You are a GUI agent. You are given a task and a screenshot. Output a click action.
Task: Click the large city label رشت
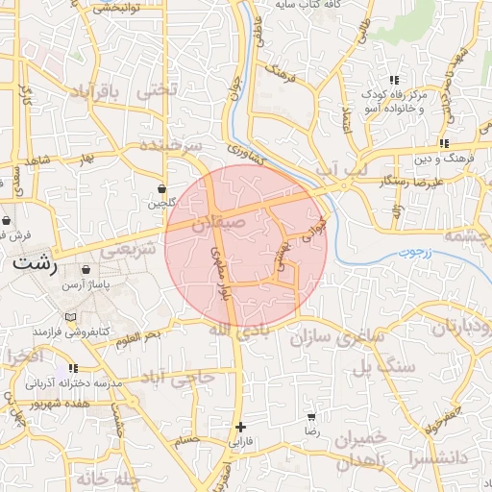coord(35,261)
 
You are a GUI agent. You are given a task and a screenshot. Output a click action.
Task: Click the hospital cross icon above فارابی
coord(240,427)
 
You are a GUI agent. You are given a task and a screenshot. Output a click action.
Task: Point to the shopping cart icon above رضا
coord(310,417)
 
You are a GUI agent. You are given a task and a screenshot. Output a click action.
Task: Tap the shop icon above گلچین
coord(161,188)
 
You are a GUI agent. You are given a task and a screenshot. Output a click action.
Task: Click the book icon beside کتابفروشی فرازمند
coord(67,317)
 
